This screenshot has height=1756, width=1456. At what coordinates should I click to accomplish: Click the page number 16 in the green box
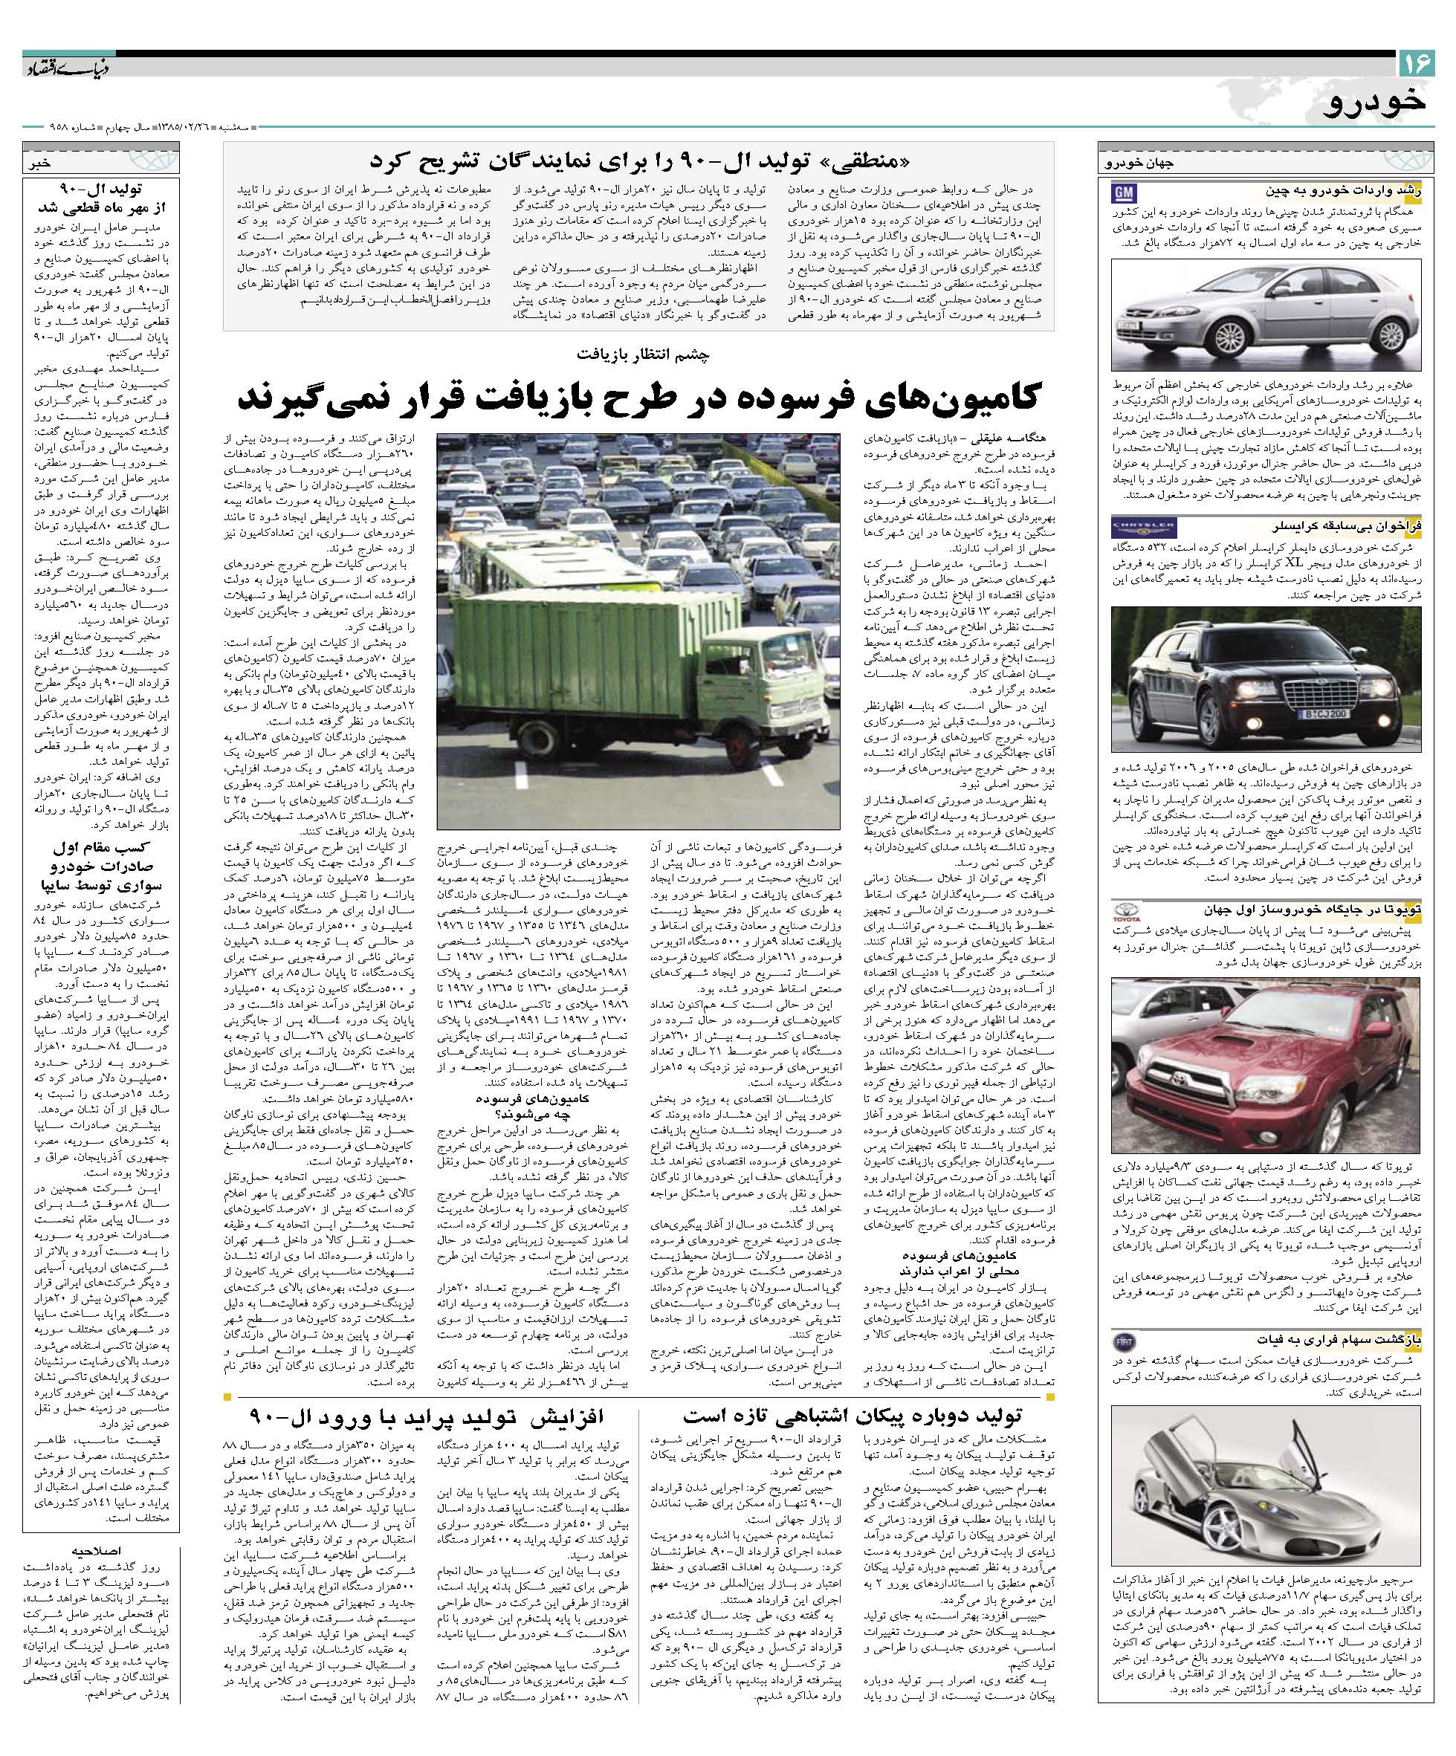[1416, 62]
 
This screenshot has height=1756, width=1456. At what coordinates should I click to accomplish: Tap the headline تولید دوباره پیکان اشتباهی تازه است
[851, 1415]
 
